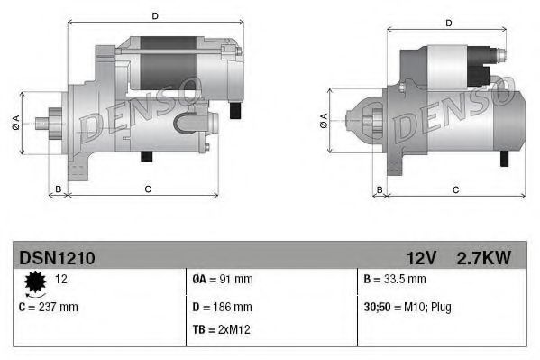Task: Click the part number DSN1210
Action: pos(57,258)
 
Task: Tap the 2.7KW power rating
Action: pos(483,258)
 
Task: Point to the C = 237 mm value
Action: pos(49,308)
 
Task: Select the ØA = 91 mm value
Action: pos(224,280)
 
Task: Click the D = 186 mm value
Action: pos(223,308)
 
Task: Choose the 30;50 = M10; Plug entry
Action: pos(407,308)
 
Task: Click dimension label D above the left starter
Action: pos(155,15)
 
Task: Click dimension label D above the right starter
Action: pos(449,23)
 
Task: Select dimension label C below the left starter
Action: pos(147,189)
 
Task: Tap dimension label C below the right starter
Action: pos(455,189)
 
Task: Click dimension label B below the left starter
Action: pos(59,189)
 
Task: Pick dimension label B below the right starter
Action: pos(380,189)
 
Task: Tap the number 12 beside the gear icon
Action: pos(62,280)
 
